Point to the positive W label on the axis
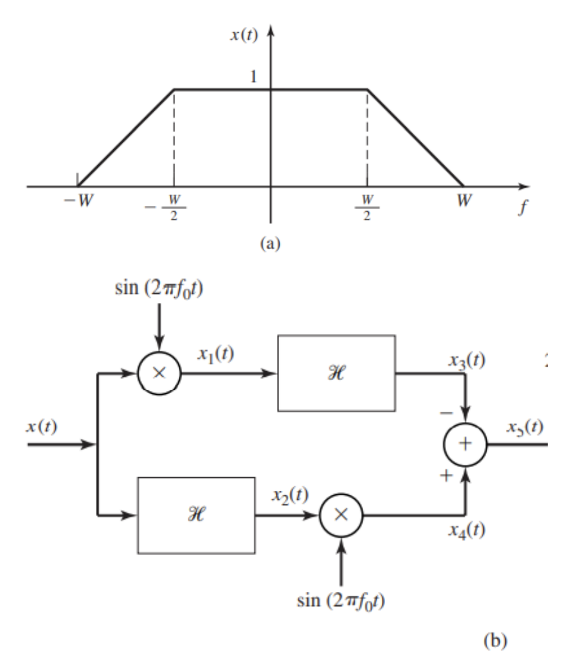click(x=463, y=199)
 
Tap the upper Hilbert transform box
click(x=336, y=372)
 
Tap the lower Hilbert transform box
click(x=197, y=515)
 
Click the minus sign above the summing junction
click(x=451, y=411)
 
